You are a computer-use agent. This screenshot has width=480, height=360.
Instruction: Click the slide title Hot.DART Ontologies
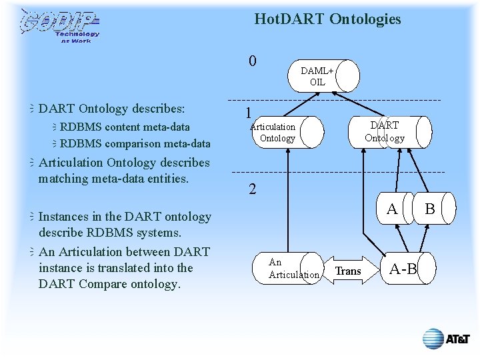coord(327,19)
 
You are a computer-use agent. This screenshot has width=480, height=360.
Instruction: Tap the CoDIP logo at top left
coord(60,26)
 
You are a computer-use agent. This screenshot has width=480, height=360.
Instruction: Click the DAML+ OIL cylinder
coord(323,77)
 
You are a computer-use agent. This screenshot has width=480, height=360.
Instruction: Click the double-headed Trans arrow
coord(348,270)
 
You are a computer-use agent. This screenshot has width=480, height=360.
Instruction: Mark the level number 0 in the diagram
coord(252,61)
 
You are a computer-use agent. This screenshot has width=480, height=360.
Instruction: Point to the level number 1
coord(247,113)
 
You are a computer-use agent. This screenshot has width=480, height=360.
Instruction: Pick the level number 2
coord(252,189)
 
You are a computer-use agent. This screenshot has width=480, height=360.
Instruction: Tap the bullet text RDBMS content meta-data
coord(125,127)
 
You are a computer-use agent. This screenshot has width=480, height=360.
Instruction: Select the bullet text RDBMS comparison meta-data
coord(135,143)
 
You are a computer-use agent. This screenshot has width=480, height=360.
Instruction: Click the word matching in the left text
coord(63,179)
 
